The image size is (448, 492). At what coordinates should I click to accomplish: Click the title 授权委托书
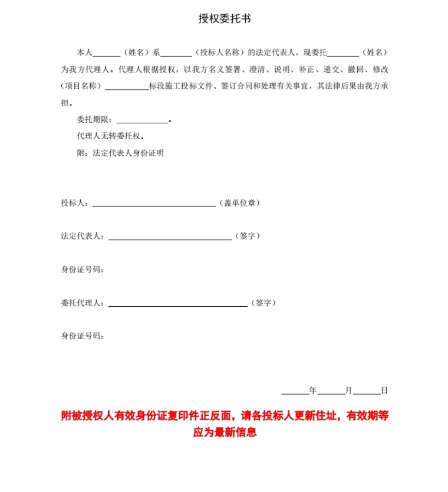(x=224, y=18)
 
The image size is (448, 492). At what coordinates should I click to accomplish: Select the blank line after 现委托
(x=343, y=53)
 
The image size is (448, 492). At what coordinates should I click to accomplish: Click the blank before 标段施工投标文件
(x=126, y=87)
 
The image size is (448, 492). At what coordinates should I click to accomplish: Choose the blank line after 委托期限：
(x=142, y=121)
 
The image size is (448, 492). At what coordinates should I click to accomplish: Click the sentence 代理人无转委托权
(x=110, y=136)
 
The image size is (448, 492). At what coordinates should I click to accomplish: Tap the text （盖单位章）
(x=240, y=203)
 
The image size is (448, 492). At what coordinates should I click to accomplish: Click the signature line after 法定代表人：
(x=170, y=237)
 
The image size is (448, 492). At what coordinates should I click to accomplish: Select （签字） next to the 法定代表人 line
(x=248, y=236)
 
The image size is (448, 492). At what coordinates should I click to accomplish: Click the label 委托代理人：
(x=83, y=303)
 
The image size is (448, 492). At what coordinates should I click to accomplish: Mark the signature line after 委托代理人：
(x=177, y=304)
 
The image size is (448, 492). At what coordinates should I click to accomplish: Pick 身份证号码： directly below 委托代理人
(x=83, y=336)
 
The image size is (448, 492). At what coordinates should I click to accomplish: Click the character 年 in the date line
(x=313, y=391)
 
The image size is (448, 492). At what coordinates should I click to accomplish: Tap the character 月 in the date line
(x=348, y=391)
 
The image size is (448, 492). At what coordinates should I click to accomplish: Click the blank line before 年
(x=295, y=392)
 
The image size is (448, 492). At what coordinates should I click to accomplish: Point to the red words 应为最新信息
(x=225, y=432)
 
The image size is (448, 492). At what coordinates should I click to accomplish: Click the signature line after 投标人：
(x=154, y=204)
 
